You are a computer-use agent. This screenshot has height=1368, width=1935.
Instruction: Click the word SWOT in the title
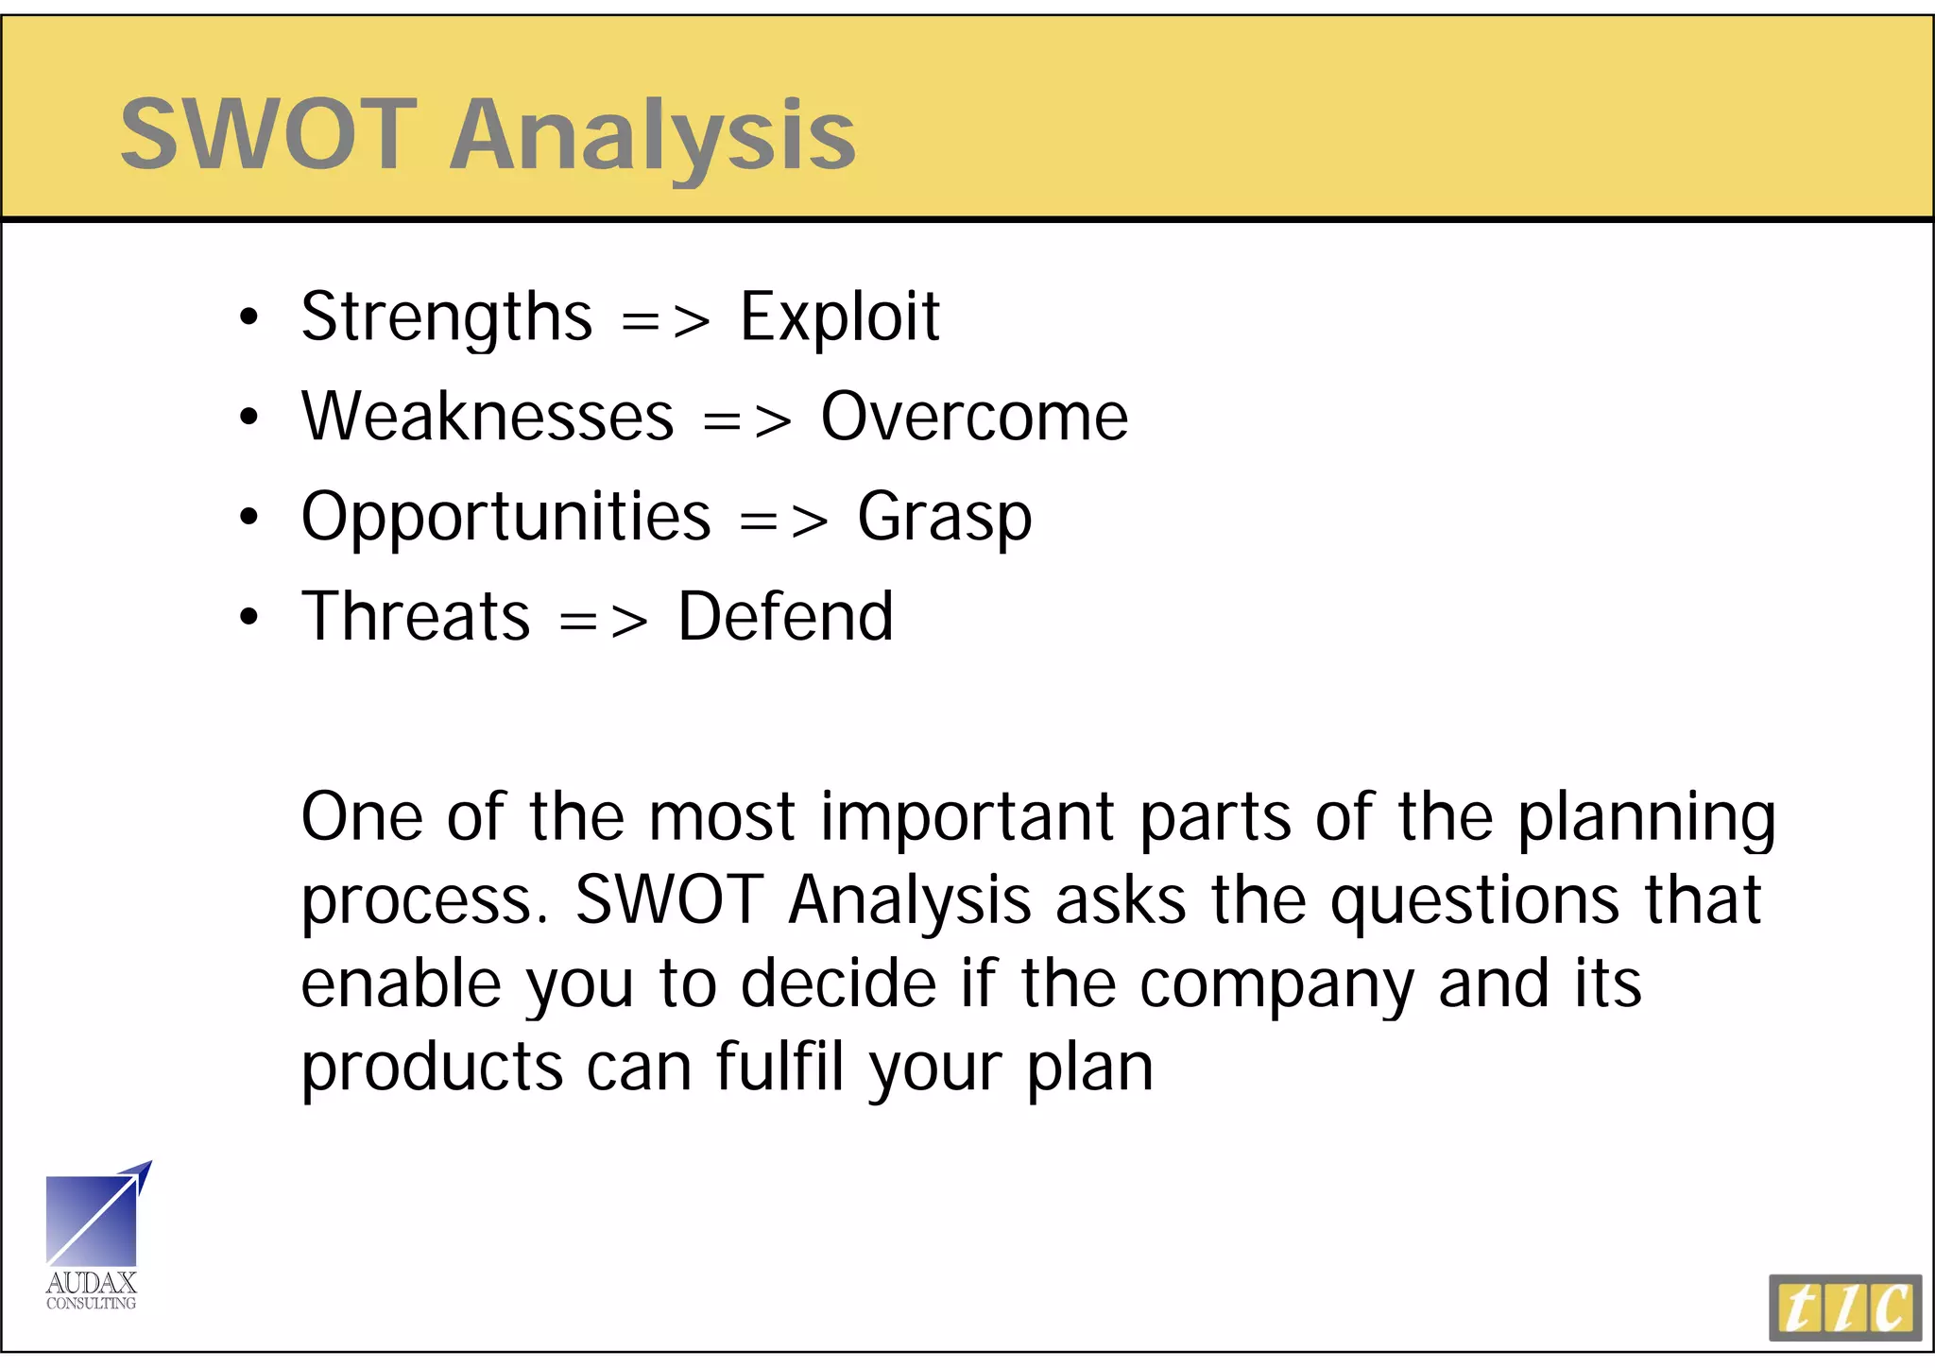click(268, 134)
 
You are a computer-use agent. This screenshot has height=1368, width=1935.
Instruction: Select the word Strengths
click(446, 317)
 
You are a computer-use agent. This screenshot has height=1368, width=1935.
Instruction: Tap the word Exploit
click(839, 317)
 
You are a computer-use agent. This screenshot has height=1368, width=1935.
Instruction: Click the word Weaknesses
click(488, 418)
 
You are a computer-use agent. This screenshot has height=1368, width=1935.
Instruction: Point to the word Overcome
click(973, 418)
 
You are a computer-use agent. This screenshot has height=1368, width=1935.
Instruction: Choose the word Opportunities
click(505, 518)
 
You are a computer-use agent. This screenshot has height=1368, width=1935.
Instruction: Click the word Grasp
click(943, 518)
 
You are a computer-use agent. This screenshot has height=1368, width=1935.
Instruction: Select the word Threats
click(415, 617)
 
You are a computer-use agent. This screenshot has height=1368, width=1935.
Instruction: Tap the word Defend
click(785, 617)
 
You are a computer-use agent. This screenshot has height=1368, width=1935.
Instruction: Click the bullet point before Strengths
click(248, 317)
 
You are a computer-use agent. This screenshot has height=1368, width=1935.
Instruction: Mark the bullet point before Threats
click(248, 618)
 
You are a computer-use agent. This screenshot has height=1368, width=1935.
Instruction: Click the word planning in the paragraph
click(1646, 818)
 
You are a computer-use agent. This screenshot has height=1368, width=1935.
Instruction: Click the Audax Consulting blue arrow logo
click(95, 1219)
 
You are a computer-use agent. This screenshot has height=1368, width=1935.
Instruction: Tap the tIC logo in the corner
click(1844, 1308)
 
